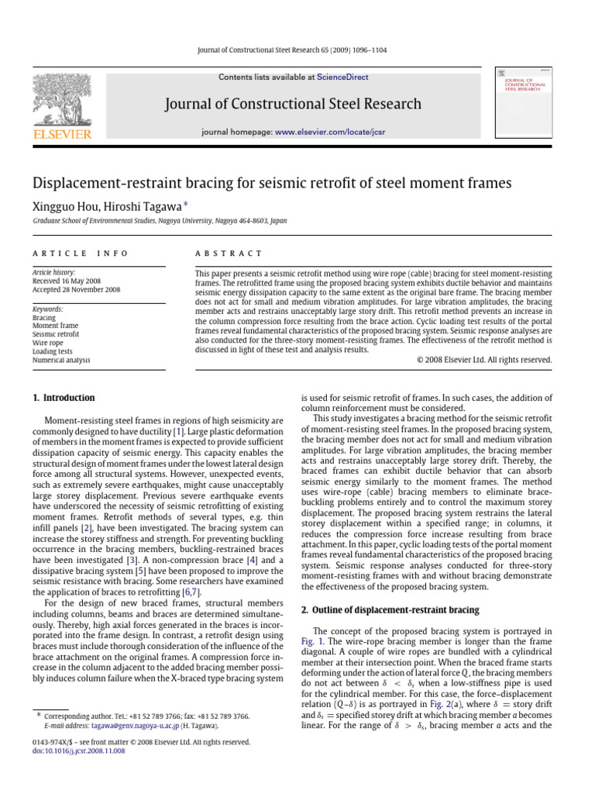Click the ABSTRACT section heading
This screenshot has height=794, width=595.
pos(229,254)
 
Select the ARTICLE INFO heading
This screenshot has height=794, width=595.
pos(81,254)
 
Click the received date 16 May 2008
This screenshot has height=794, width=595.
pos(82,281)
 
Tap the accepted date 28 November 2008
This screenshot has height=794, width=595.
pos(93,290)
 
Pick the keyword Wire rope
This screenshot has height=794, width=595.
pos(49,342)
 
